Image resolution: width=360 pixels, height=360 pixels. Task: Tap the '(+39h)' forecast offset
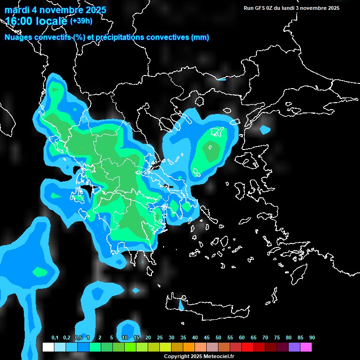81,21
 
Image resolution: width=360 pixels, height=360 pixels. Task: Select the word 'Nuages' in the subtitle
18,37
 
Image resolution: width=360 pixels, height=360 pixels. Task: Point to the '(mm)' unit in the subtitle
200,37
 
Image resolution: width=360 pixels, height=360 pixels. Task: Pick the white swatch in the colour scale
48,347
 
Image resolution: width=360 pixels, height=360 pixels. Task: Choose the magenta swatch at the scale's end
306,347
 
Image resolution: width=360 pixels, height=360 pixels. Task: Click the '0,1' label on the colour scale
55,338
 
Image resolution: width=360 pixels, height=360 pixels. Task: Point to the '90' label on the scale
312,338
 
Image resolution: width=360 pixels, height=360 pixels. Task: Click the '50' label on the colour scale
218,338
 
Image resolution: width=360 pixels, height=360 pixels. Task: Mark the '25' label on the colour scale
160,338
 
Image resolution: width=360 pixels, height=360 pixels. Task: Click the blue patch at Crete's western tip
181,305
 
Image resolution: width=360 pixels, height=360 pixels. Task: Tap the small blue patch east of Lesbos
265,129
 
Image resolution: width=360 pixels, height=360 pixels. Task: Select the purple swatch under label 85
294,347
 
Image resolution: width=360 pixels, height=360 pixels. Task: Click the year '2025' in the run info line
333,8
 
